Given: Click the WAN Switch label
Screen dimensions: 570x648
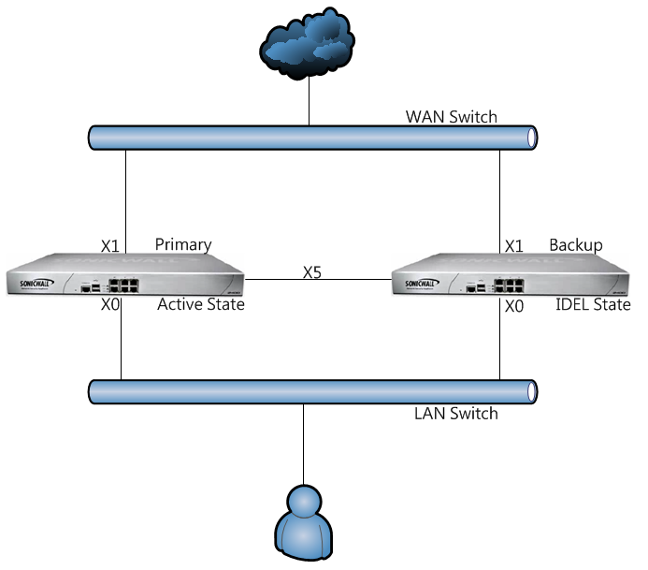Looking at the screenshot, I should [x=451, y=117].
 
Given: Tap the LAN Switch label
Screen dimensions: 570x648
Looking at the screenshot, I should [x=455, y=413].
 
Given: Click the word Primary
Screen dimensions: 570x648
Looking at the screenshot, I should [x=183, y=244].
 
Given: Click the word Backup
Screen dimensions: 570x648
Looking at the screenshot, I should [x=575, y=244].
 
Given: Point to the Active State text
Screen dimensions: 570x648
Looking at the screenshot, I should [x=200, y=304].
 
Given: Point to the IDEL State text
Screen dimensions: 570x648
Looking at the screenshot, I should [x=593, y=304].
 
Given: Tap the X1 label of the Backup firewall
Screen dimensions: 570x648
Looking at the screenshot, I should [x=513, y=246].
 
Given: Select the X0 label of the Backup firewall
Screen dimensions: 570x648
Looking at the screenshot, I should [x=513, y=305].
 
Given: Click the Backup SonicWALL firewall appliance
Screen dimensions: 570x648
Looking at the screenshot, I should [x=510, y=277].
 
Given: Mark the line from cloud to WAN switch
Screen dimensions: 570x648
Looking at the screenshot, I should [x=309, y=103].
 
